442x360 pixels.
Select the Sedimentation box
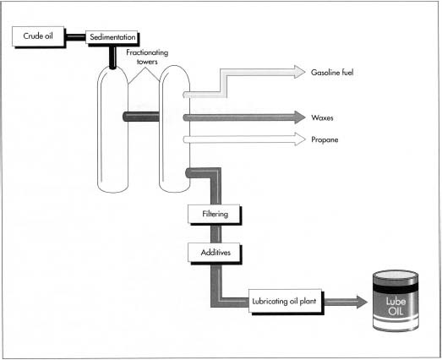tap(113, 38)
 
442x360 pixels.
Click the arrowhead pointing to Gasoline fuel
tap(297, 74)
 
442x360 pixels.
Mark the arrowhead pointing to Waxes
tap(297, 117)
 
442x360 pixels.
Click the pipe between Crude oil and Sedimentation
tap(75, 37)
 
